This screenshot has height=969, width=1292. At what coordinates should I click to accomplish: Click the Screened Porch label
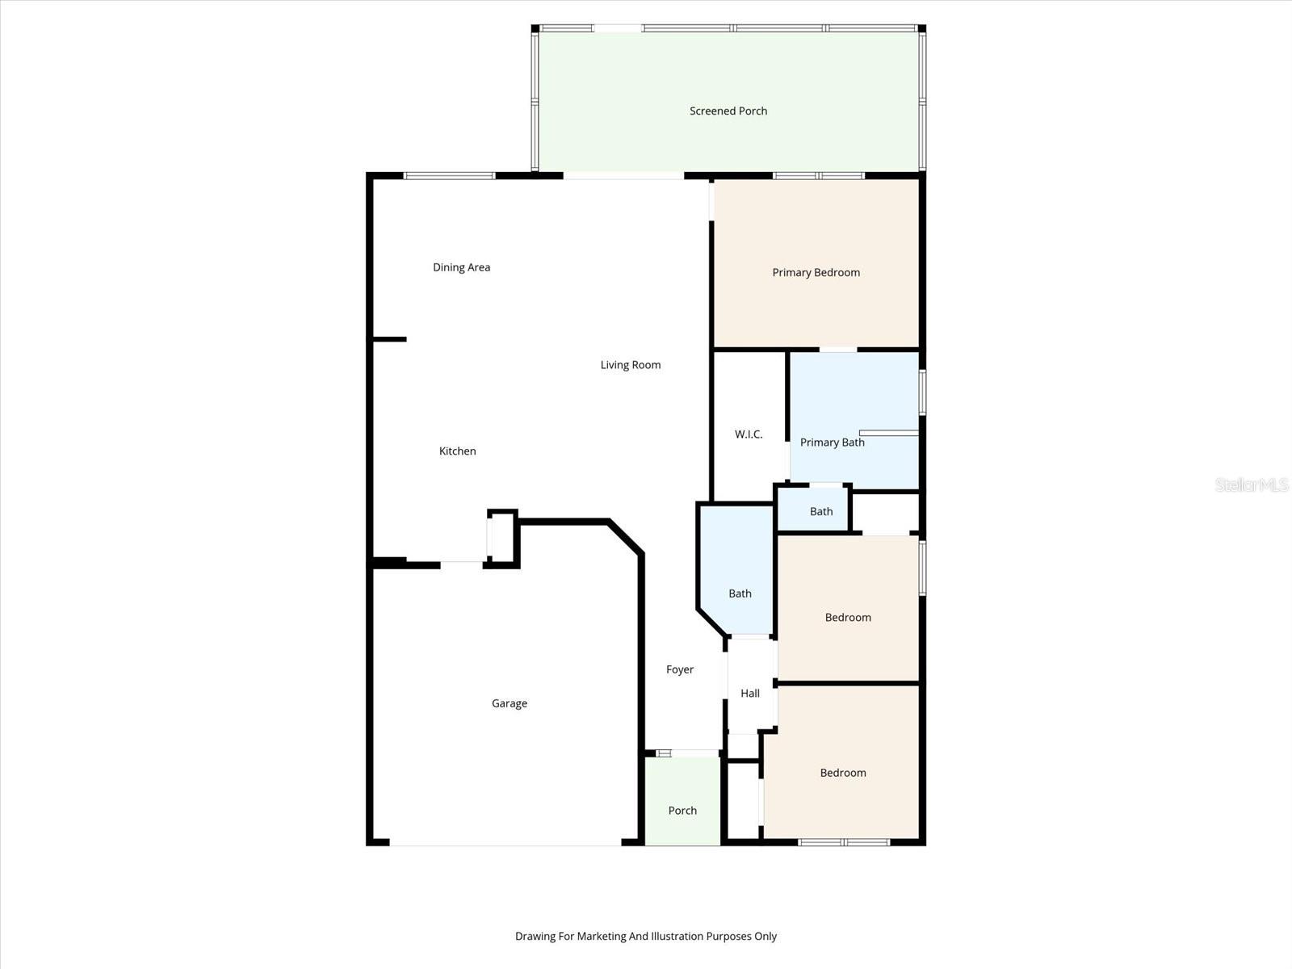pos(728,111)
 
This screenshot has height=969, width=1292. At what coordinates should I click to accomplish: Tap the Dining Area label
pos(461,267)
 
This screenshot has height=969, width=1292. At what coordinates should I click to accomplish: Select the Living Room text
pos(630,365)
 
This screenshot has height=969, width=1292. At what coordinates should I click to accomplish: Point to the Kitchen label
pos(457,451)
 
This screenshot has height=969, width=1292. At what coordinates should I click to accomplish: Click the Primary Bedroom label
pos(816,273)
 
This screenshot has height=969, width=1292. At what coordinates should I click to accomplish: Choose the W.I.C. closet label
pos(749,434)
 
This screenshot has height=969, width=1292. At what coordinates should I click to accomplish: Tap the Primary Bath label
pos(832,443)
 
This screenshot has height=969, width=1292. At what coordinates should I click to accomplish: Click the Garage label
pos(509,703)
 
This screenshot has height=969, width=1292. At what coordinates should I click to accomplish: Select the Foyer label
pos(680,669)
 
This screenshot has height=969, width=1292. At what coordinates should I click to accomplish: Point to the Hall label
pos(750,693)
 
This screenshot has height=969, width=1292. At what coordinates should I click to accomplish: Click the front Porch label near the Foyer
pos(682,811)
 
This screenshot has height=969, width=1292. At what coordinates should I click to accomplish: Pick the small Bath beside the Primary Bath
pos(821,511)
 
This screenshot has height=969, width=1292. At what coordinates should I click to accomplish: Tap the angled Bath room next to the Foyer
pos(740,594)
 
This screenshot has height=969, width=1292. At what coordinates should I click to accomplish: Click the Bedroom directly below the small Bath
pos(848,618)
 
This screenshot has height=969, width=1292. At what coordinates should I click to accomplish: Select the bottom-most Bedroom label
pos(843,773)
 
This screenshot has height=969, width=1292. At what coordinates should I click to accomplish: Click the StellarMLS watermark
pos(1252,484)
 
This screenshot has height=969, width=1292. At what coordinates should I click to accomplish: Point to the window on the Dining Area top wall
pos(449,175)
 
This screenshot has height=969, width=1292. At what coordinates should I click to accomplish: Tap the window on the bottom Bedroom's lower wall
pos(844,842)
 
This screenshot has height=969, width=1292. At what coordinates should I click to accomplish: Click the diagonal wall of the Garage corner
pos(626,538)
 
